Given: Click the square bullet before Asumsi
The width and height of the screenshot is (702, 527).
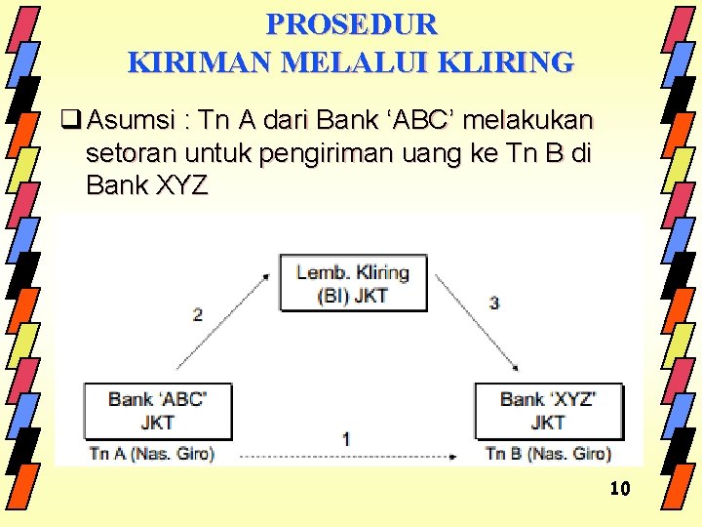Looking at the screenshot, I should [69, 121].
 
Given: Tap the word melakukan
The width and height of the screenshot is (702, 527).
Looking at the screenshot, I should [529, 121].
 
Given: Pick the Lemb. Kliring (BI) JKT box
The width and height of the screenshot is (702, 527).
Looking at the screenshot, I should [353, 283].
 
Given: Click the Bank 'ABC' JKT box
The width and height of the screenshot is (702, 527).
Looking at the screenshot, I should [158, 410].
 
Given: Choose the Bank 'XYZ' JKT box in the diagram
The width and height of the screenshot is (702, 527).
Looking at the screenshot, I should [548, 410].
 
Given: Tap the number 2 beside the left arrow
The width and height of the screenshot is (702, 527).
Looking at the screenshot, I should [198, 314].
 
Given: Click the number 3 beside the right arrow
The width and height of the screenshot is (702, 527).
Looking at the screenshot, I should [494, 304].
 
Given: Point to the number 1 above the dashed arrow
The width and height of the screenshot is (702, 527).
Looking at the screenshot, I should [346, 440].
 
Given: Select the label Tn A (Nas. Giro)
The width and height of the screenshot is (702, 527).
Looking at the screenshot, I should [151, 454].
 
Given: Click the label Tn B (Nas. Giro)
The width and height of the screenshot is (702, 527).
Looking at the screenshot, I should [548, 454].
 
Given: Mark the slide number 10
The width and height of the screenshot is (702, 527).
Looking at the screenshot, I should [620, 488].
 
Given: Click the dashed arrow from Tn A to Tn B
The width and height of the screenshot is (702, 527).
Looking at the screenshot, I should [346, 456].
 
